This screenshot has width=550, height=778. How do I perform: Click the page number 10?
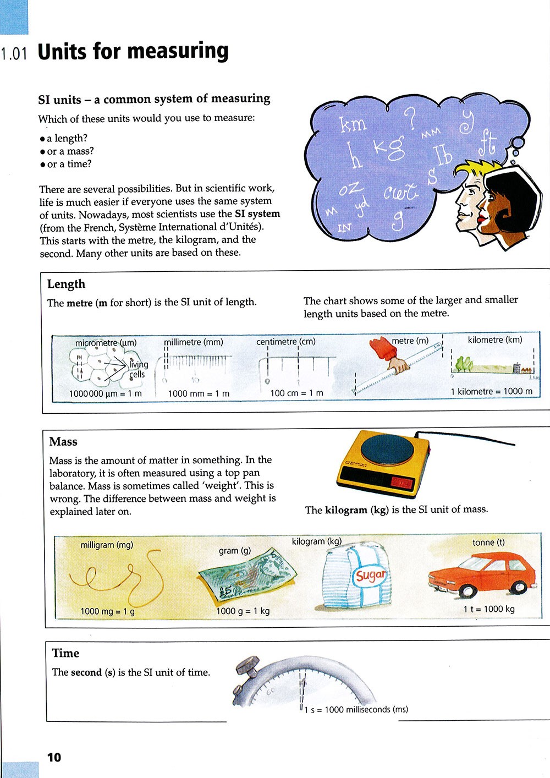(x=54, y=757)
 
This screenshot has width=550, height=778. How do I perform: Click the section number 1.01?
(x=14, y=54)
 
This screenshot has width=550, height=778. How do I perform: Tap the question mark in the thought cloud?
(x=410, y=118)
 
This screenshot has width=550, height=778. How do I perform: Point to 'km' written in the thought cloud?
(x=352, y=124)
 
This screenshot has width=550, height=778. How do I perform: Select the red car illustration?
(x=482, y=575)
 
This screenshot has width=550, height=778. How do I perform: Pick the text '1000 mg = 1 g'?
(x=107, y=611)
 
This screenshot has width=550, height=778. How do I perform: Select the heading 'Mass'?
(x=63, y=441)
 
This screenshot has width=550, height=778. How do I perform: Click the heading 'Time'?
(x=65, y=653)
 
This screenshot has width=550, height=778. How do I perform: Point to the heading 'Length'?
(x=66, y=284)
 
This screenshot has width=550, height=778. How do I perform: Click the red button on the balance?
(x=401, y=483)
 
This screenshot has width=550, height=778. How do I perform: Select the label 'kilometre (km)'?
(x=495, y=339)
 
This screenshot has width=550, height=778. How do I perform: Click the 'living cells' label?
(x=138, y=369)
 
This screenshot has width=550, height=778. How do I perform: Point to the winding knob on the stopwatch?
(x=247, y=666)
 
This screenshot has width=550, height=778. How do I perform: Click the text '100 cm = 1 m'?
(x=296, y=393)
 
